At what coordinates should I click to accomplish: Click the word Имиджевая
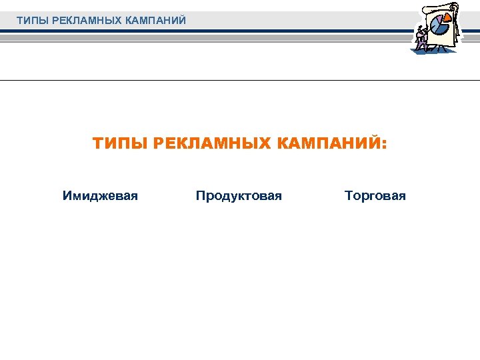pos(100,196)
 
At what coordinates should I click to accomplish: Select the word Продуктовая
pos(239,196)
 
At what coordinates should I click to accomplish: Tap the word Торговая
pos(375,196)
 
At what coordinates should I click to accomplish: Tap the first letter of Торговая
pos(348,196)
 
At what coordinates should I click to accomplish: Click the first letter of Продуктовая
pos(200,196)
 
